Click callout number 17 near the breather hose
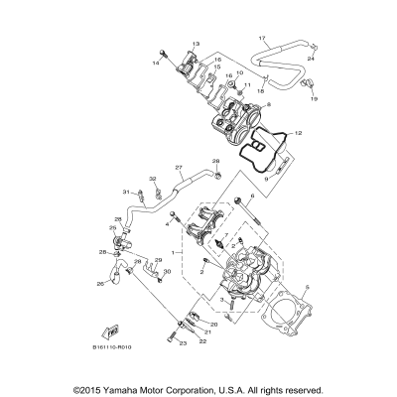click(x=262, y=38)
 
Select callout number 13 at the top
click(x=196, y=45)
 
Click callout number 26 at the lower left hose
click(x=100, y=284)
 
